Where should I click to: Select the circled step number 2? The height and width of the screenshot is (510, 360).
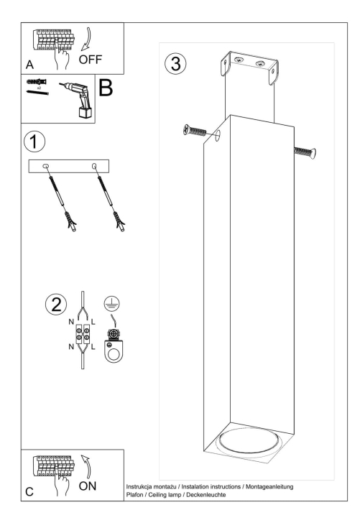click(52, 304)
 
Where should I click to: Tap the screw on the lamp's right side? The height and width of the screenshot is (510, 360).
click(304, 150)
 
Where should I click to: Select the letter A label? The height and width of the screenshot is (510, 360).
click(30, 64)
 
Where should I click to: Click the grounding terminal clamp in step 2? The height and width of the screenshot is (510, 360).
click(114, 347)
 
